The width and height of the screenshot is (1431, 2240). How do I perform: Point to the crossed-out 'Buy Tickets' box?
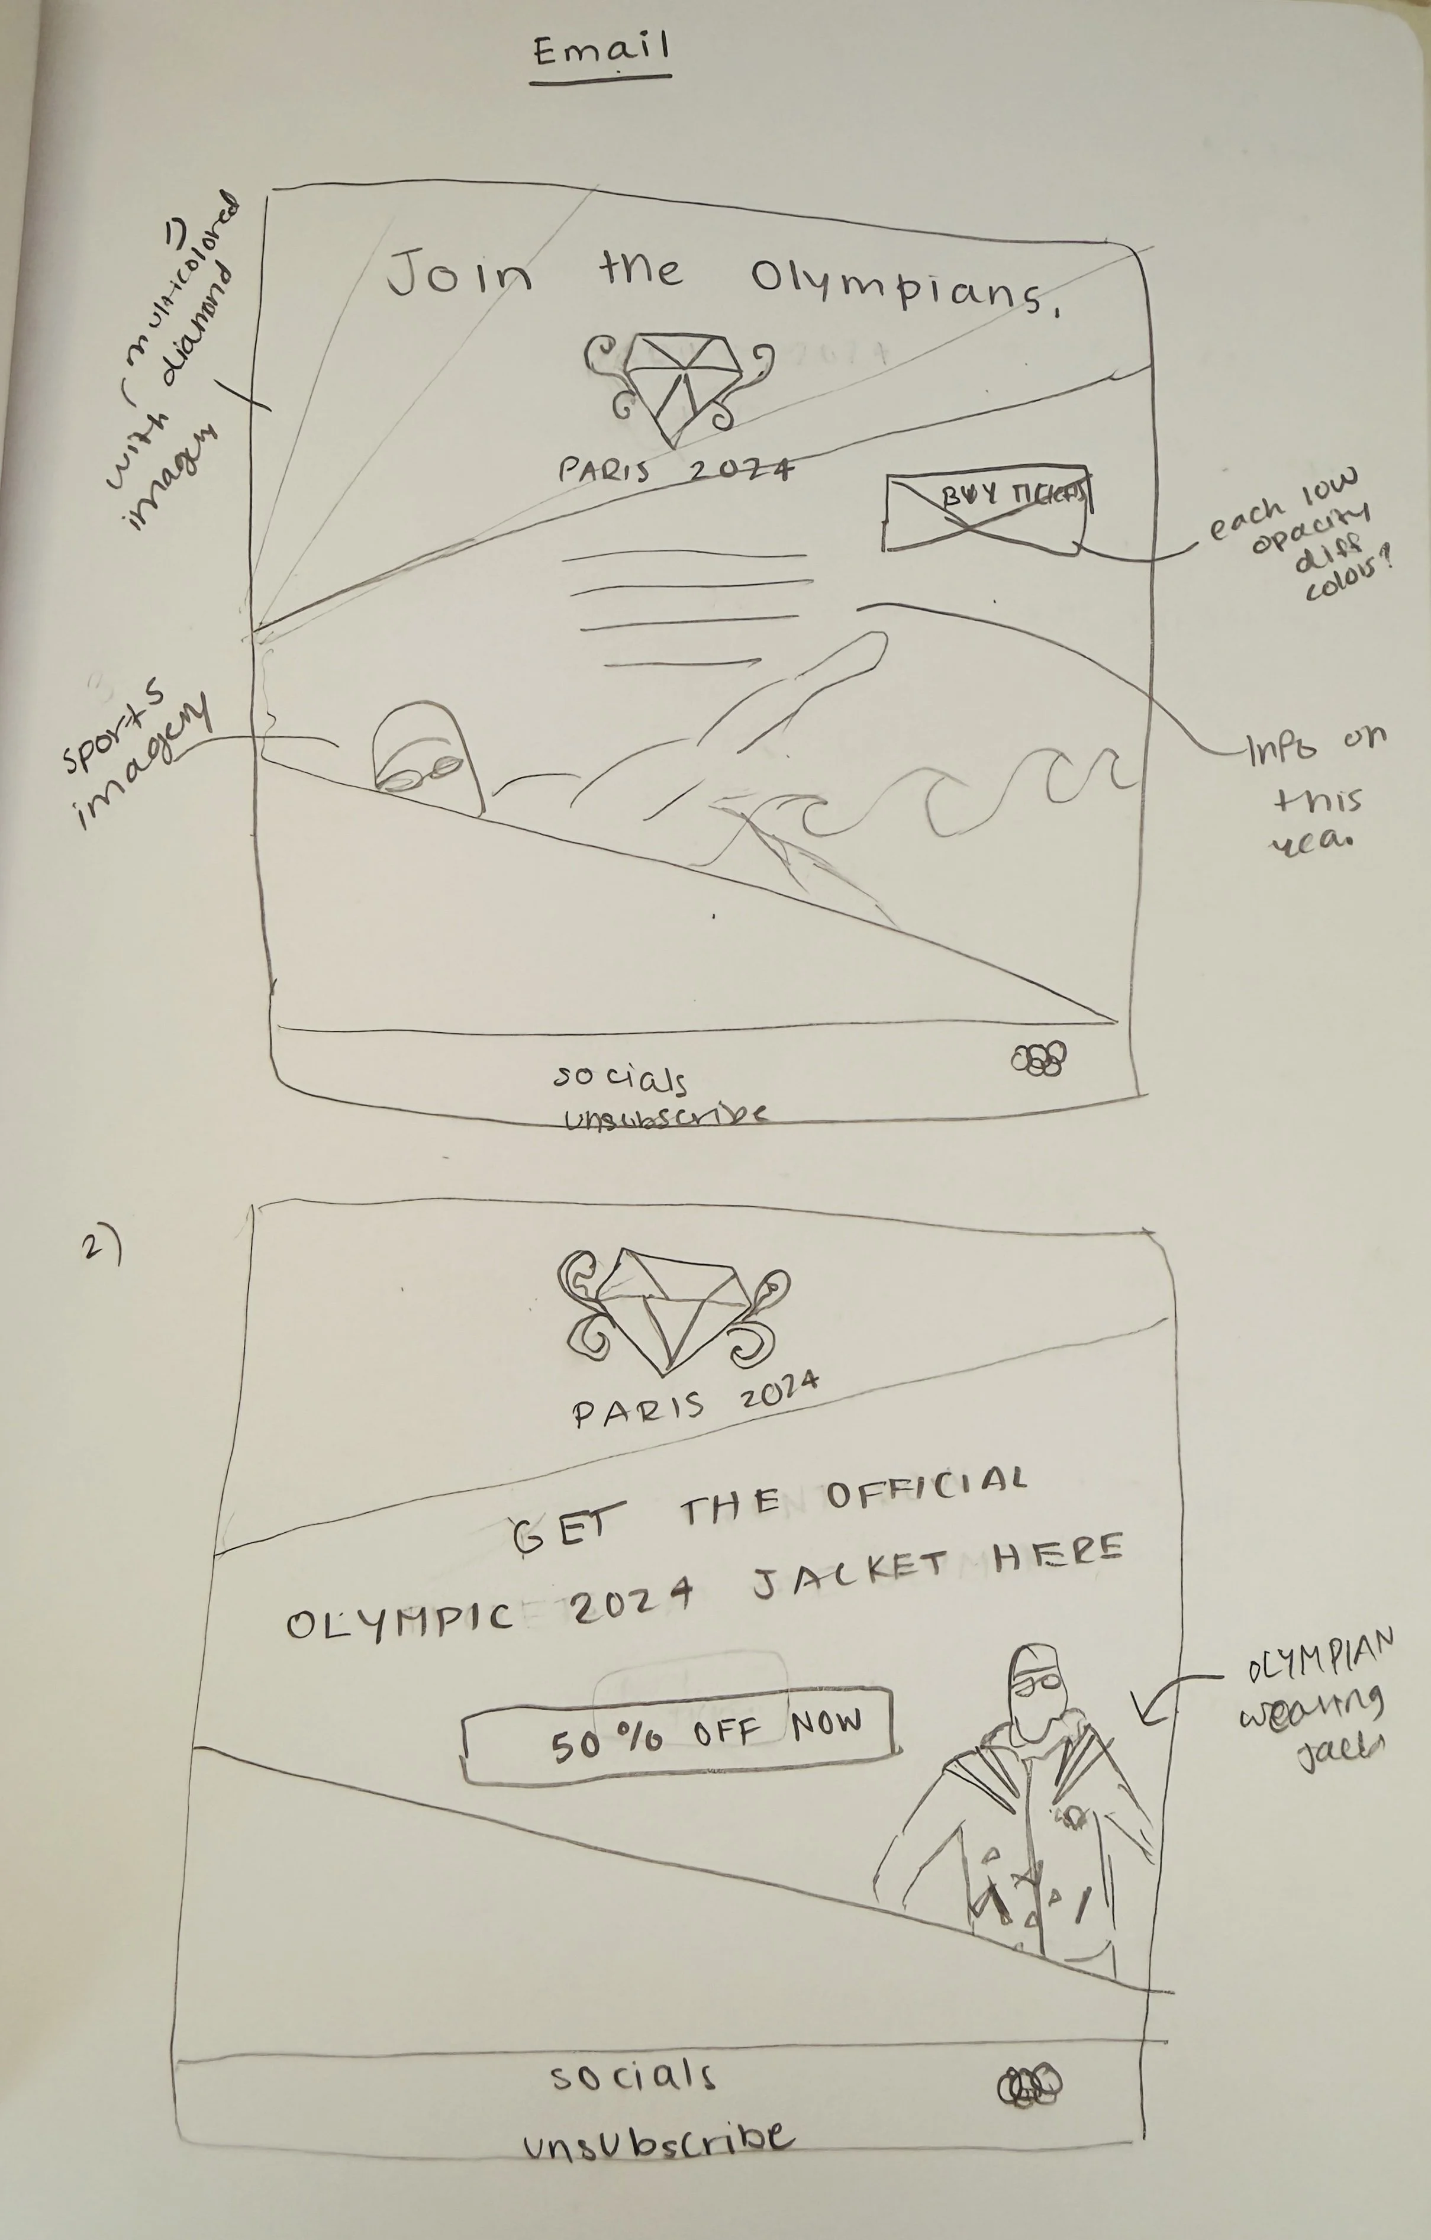(987, 512)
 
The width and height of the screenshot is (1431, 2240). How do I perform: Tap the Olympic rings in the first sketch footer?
(1039, 1058)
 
